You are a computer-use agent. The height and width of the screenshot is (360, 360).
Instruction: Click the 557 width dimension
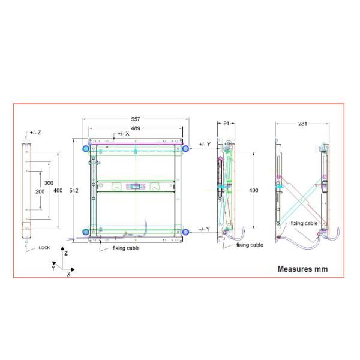tap(136, 119)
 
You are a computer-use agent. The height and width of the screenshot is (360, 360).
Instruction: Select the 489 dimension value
tap(136, 128)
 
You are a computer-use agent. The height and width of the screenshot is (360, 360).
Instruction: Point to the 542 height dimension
tap(74, 190)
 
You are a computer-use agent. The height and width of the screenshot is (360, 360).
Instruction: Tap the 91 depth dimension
tap(226, 123)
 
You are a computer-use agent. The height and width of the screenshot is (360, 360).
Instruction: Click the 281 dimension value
tap(302, 124)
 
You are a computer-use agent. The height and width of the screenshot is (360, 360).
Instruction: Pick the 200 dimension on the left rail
tap(40, 191)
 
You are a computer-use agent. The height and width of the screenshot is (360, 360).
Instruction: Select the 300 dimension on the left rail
tap(49, 183)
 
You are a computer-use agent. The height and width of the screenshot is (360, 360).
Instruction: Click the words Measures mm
tap(302, 269)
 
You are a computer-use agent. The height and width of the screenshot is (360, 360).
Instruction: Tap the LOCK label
tap(44, 247)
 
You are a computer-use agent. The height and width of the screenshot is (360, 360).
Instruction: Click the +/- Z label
tap(35, 133)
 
